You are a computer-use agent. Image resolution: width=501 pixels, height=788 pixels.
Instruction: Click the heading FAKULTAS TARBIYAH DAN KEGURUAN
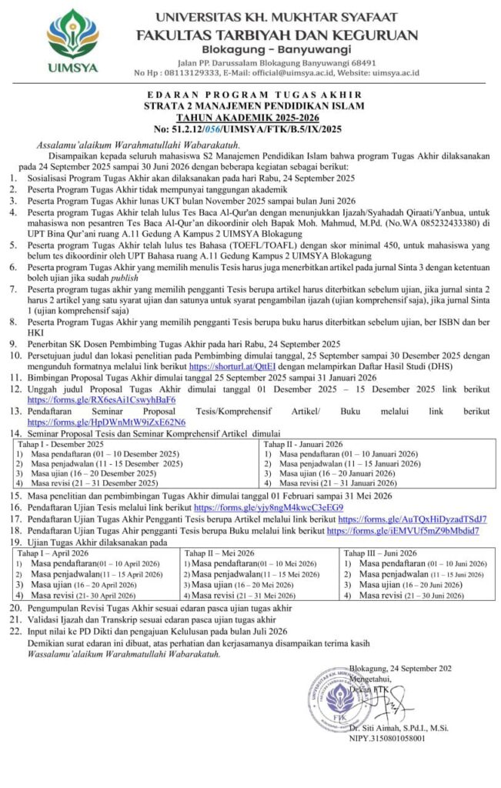coord(277,34)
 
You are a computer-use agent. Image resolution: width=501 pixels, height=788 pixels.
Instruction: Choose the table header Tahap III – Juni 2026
coord(380,553)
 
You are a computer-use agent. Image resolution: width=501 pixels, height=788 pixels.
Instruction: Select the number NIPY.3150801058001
coord(386,738)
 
